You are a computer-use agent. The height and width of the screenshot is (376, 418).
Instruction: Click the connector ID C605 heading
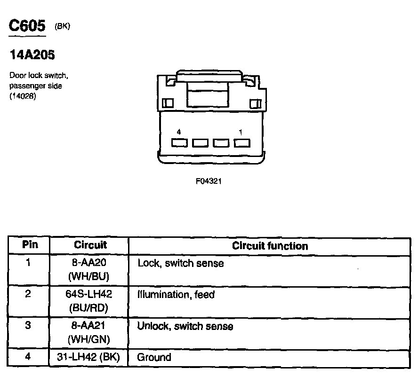(28, 26)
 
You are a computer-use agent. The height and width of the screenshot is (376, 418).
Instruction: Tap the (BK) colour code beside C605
(63, 27)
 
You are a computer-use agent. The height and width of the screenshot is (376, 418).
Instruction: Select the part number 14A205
(32, 55)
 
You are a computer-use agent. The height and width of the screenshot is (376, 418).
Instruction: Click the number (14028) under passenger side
(21, 97)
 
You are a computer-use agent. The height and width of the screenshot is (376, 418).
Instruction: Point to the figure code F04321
(209, 181)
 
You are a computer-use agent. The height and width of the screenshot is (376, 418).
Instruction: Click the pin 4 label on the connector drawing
(178, 133)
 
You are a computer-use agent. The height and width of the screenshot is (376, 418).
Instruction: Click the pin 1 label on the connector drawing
(241, 133)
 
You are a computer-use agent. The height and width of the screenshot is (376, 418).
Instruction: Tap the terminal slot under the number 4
(179, 142)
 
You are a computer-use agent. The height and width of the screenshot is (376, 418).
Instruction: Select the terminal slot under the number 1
(241, 142)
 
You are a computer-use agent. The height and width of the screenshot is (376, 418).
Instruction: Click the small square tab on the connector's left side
(168, 103)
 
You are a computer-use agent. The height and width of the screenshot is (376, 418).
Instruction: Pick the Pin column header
(30, 245)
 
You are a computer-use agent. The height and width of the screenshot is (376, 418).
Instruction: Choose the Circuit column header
(90, 245)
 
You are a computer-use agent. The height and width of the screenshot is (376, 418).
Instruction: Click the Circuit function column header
(270, 246)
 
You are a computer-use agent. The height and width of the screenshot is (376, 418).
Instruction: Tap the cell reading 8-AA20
(89, 263)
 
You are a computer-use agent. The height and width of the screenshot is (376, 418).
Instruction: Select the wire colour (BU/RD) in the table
(89, 308)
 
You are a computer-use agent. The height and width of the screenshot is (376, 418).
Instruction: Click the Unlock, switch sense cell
(185, 326)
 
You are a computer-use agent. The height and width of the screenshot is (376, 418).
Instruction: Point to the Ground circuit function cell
(154, 358)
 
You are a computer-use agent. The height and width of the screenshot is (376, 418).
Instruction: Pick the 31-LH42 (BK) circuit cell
(89, 358)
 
